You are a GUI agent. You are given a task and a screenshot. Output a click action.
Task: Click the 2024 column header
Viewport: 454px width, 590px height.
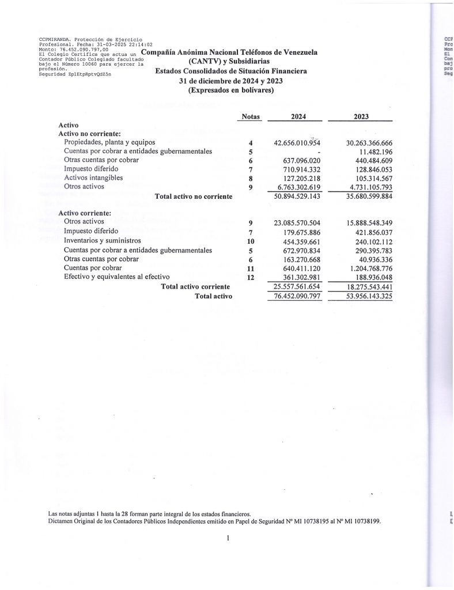coord(298,116)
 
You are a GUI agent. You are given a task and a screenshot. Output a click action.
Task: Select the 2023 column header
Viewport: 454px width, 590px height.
coord(361,116)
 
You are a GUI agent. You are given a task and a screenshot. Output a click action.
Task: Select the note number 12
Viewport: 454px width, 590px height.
coord(251,278)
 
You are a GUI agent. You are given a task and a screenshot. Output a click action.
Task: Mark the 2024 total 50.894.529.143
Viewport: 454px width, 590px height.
coord(297,196)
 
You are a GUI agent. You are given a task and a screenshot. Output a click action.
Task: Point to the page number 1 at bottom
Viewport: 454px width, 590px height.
coord(229,539)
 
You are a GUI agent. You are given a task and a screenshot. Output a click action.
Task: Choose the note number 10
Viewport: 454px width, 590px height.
coord(251,241)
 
